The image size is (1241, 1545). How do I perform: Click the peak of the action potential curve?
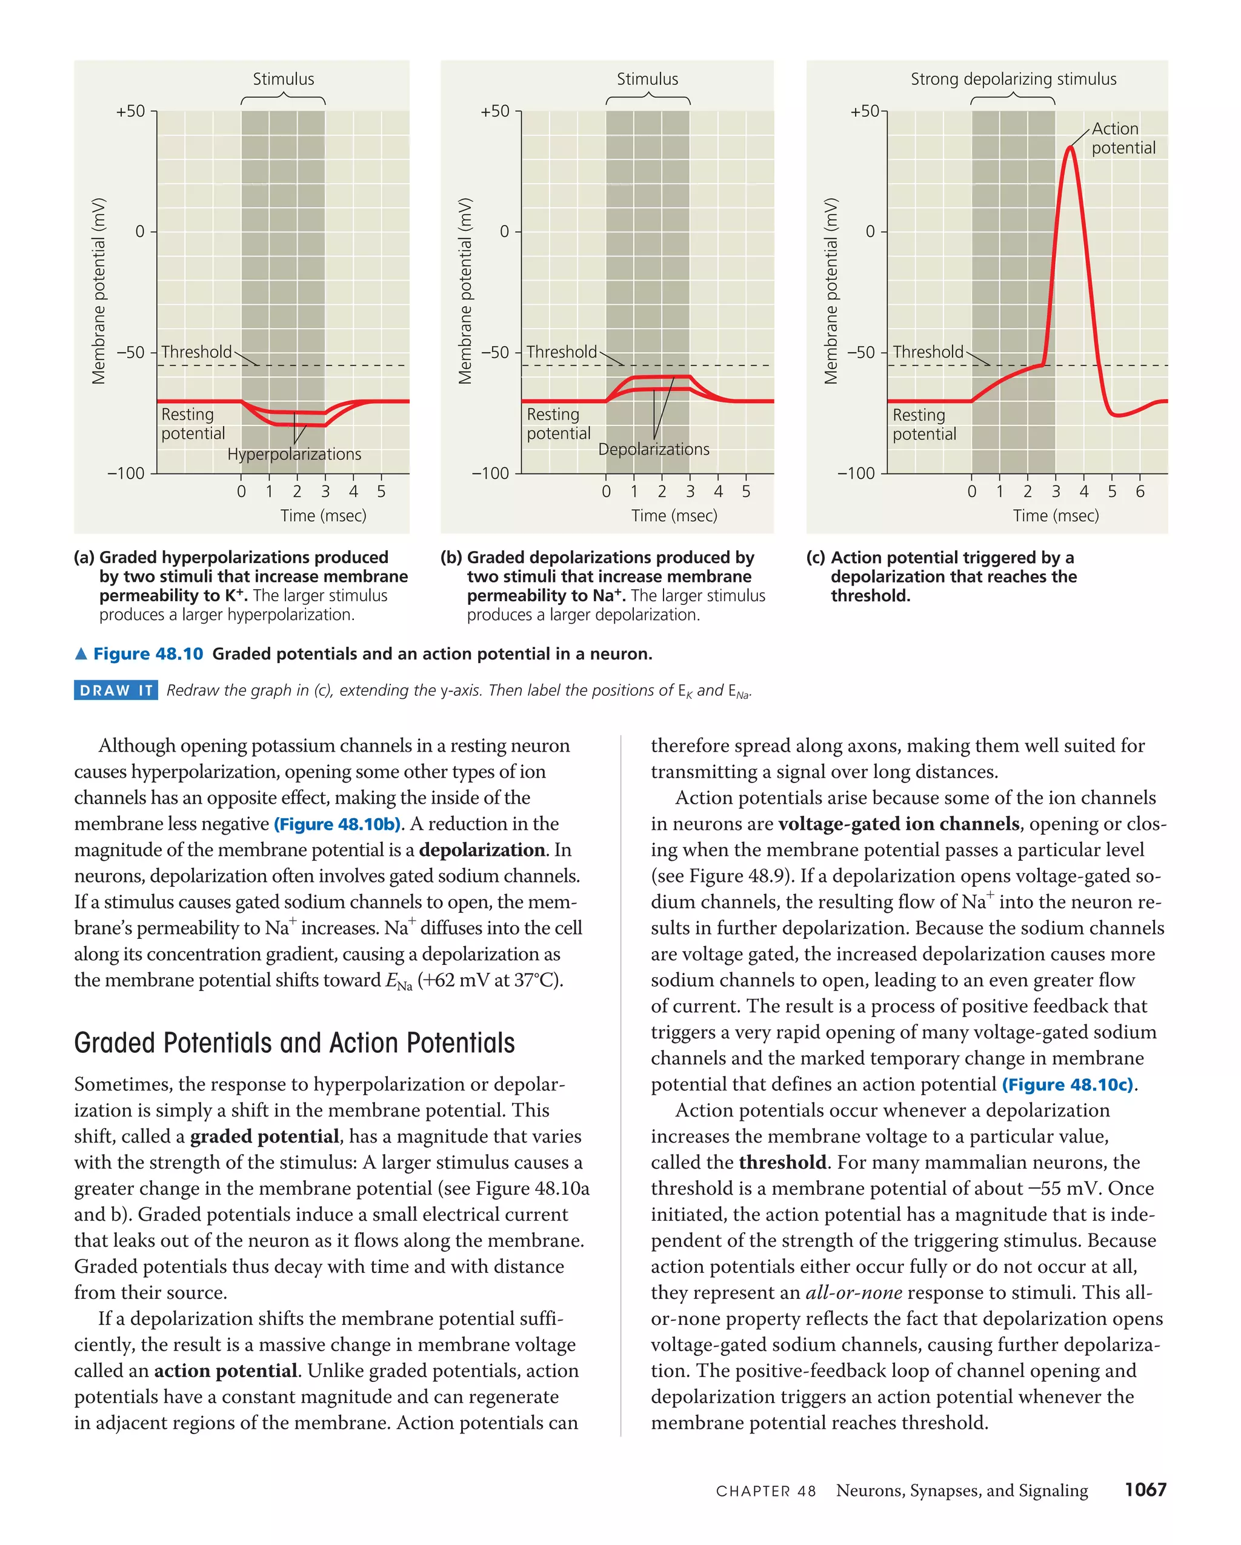pyautogui.click(x=1070, y=148)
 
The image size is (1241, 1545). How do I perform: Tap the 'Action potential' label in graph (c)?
pyautogui.click(x=1123, y=138)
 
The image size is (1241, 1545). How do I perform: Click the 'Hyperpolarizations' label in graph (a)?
pyautogui.click(x=294, y=455)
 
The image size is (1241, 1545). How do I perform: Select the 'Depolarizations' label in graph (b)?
pyautogui.click(x=653, y=449)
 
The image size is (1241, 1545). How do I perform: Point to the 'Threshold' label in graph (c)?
pyautogui.click(x=928, y=352)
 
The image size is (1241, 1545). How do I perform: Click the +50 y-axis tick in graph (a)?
pyautogui.click(x=130, y=111)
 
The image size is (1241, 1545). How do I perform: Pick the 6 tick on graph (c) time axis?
pyautogui.click(x=1140, y=492)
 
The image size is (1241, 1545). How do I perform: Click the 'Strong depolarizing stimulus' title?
pyautogui.click(x=1013, y=79)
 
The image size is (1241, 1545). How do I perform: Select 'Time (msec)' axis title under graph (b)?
pyautogui.click(x=674, y=515)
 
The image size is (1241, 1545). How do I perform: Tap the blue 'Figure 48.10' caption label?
pyautogui.click(x=148, y=653)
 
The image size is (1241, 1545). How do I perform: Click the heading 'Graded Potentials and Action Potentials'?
pyautogui.click(x=294, y=1043)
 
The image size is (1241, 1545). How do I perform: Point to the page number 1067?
pyautogui.click(x=1145, y=1490)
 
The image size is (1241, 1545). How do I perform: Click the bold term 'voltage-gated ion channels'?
pyautogui.click(x=899, y=824)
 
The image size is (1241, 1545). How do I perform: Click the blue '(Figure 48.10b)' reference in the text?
pyautogui.click(x=337, y=824)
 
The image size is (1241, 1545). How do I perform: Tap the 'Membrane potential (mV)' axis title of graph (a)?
pyautogui.click(x=99, y=291)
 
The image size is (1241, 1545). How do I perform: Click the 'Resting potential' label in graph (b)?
pyautogui.click(x=558, y=424)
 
